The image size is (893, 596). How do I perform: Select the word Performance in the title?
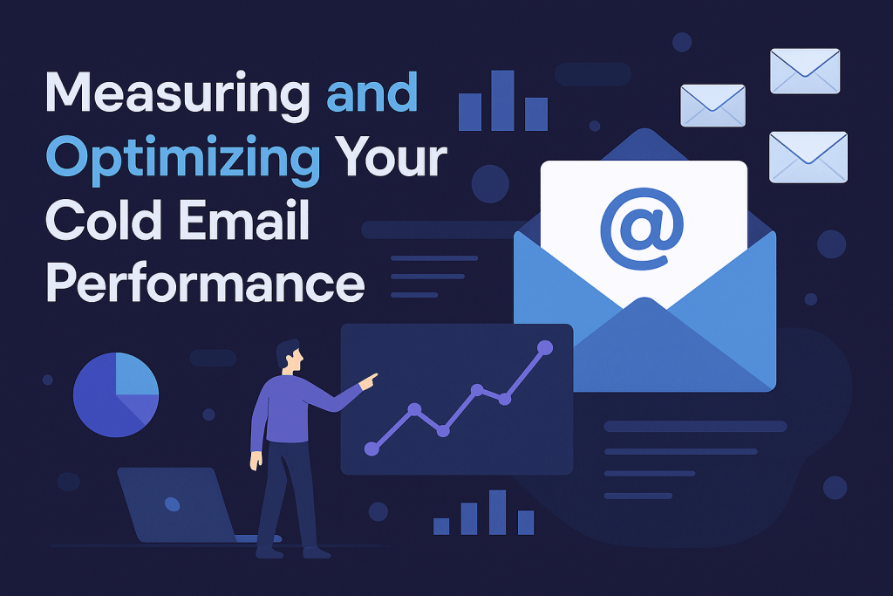coord(205,284)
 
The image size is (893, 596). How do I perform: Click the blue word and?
coord(372,92)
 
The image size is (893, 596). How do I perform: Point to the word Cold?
coord(104,220)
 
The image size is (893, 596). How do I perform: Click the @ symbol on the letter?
coord(642,229)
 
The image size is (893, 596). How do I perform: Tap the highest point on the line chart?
coord(545,347)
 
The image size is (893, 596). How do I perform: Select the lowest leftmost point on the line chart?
coord(372,449)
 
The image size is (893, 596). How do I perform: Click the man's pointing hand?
coord(369,381)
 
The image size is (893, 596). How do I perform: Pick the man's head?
coord(290,357)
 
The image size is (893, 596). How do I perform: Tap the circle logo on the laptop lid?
coord(172,504)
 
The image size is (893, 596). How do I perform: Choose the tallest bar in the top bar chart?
coord(503,101)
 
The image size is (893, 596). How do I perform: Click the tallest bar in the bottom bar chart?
coord(497,511)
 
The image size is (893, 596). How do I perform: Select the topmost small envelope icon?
coord(805,72)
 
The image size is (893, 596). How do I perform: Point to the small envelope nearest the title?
coord(713,106)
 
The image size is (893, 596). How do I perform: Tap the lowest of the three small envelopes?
coord(808,157)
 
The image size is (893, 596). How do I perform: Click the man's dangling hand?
coord(256,461)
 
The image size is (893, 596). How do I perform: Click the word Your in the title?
coord(391,156)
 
